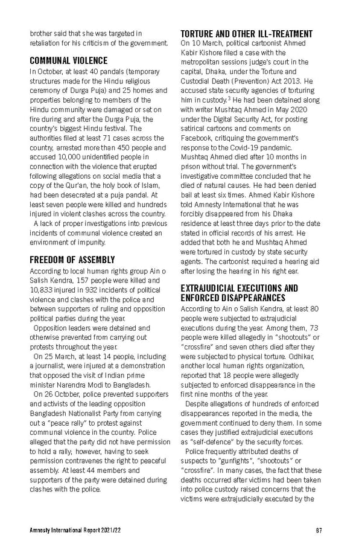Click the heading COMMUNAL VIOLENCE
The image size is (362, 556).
click(x=69, y=60)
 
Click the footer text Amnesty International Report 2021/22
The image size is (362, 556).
click(x=74, y=531)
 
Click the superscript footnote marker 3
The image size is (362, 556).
click(x=226, y=96)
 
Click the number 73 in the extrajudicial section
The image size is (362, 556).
click(x=313, y=327)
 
